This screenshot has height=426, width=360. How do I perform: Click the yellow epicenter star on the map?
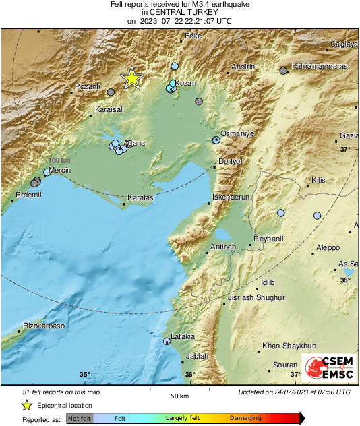point(132,79)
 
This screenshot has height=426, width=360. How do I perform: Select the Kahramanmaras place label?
point(319,67)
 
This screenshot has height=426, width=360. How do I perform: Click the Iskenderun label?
point(231,197)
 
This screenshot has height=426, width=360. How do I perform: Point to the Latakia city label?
point(183,336)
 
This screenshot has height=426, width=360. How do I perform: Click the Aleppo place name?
point(329,247)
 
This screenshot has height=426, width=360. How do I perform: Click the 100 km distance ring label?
point(60,160)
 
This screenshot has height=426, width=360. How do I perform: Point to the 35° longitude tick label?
point(84,375)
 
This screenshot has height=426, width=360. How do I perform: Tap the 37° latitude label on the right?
point(345,149)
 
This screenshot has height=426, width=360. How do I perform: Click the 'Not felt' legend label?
point(80,419)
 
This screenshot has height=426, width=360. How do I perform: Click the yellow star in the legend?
point(27,406)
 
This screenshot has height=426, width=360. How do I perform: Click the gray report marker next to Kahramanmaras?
point(284,71)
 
